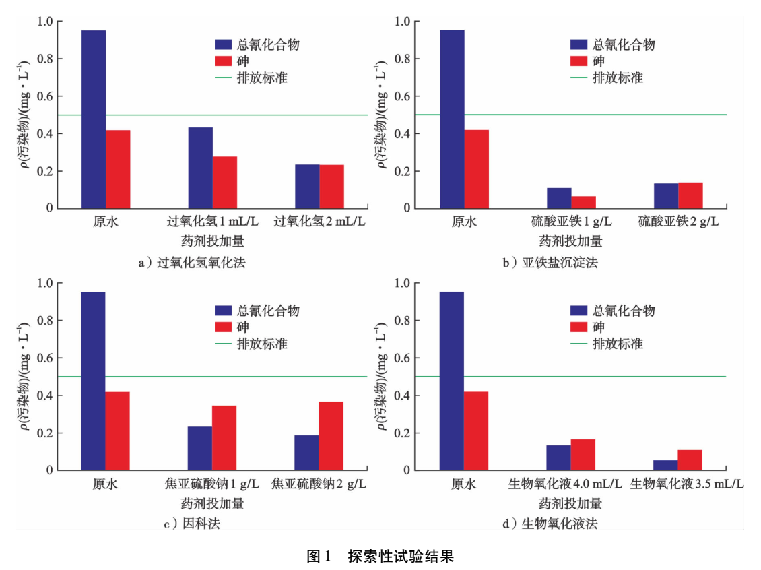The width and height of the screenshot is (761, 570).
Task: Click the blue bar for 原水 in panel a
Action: coord(94,119)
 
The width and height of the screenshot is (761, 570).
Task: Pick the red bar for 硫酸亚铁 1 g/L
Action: coord(583,202)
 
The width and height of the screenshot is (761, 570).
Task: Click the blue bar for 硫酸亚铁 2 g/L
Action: coord(666,196)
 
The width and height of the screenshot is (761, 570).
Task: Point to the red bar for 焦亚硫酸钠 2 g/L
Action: coord(331,436)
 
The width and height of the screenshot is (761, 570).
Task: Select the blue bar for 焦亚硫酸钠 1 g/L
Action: coord(200,448)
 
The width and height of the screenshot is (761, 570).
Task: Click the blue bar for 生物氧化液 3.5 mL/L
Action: coord(666,465)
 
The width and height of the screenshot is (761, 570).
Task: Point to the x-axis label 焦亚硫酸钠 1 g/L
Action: coord(212,484)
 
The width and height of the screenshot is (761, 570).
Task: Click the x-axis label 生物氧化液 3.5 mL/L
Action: coord(686,484)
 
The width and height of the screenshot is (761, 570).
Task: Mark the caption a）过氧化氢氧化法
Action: coord(192,263)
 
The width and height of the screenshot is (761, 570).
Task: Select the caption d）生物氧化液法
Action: coord(550,524)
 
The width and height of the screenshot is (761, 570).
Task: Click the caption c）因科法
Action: coord(192,524)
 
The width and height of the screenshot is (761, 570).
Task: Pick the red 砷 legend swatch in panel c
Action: coord(222,327)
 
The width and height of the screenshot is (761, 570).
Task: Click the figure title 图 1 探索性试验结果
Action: coord(380,557)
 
